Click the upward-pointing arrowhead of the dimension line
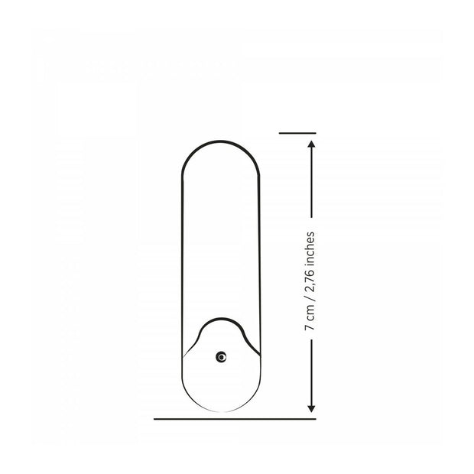point(311,144)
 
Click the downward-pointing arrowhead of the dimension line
point(311,409)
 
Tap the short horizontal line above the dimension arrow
point(297,133)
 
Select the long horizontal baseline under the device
point(235,419)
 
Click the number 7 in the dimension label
point(310,326)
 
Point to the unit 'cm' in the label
point(310,313)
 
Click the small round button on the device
point(221,357)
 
